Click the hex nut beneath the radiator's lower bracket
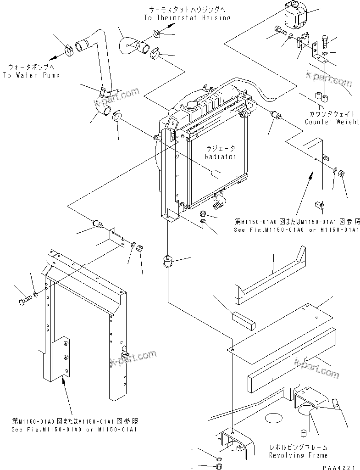point(203,214)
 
